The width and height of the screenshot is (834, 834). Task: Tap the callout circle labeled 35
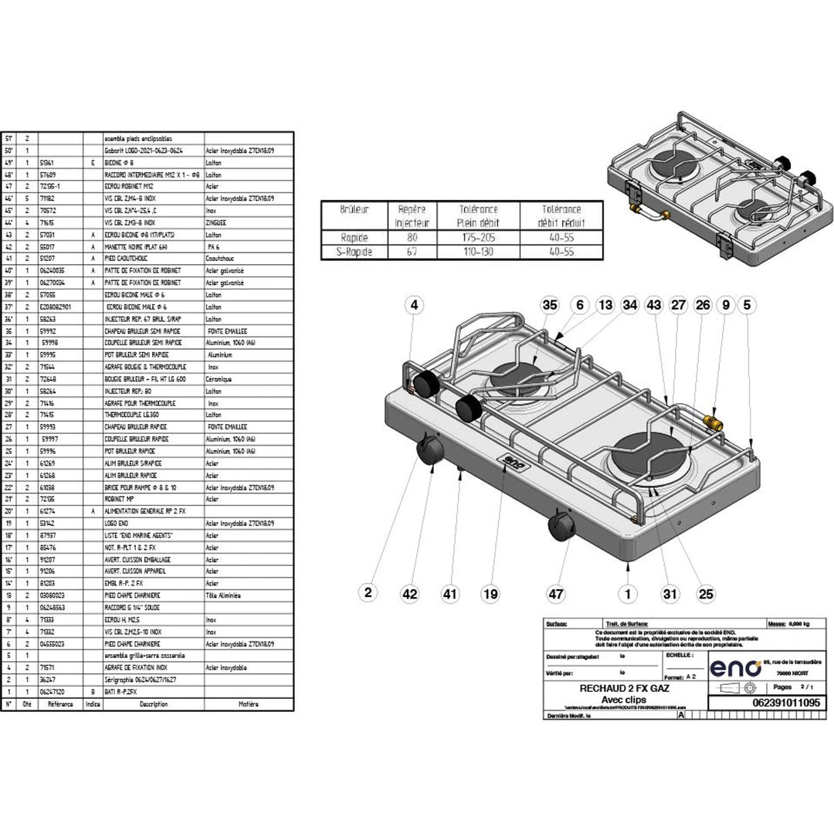click(549, 305)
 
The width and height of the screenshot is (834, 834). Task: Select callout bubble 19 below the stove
click(490, 593)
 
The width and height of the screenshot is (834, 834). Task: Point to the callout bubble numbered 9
click(726, 305)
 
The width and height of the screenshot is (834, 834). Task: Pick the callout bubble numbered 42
click(409, 593)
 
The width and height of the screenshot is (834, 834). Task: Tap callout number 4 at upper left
click(414, 305)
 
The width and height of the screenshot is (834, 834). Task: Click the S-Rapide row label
click(354, 250)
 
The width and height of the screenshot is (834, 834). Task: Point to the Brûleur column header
click(354, 209)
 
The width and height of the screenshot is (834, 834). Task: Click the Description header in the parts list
click(153, 703)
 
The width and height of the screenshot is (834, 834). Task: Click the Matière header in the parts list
click(248, 703)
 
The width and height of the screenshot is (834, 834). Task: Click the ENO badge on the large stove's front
click(511, 463)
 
